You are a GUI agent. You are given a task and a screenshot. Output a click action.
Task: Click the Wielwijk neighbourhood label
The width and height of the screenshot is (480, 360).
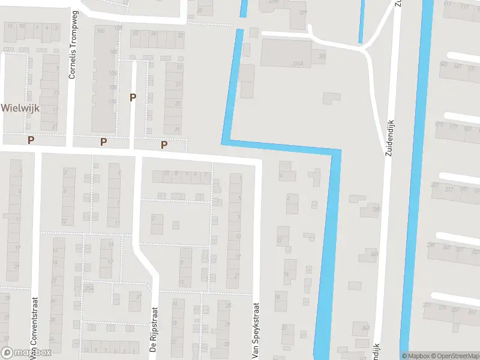[20, 108]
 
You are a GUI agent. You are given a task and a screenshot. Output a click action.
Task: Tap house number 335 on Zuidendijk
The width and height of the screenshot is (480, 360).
[376, 209]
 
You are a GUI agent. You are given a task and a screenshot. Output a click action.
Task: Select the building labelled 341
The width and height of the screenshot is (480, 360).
[374, 254]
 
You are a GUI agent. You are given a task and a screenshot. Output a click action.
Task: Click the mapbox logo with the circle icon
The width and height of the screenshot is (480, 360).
[26, 353]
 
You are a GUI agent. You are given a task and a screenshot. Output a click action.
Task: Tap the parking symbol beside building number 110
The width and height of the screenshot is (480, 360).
[133, 97]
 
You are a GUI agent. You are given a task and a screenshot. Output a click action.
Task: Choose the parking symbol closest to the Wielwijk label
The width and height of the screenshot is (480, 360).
[31, 140]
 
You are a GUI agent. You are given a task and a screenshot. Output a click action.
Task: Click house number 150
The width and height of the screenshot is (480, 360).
[100, 31]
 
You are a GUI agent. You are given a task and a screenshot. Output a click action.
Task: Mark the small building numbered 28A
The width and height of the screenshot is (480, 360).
[89, 289]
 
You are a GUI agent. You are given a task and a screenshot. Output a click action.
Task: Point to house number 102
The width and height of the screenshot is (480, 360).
[112, 52]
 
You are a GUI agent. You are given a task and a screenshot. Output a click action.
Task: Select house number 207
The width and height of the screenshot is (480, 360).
[434, 185]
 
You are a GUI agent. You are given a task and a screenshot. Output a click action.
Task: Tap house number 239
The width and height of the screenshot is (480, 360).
[430, 245]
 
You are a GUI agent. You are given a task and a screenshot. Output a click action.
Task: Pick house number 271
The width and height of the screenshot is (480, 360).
[427, 305]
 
